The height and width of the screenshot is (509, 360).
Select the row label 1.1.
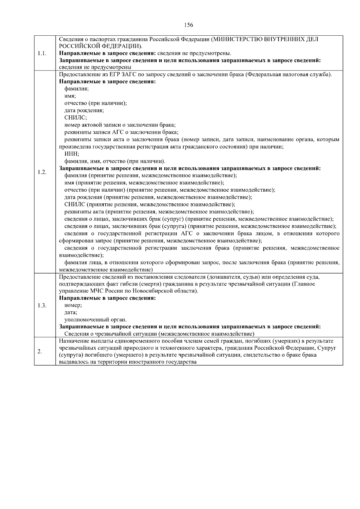pyautogui.click(x=42, y=53)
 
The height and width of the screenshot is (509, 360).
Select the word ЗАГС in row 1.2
pyautogui.click(x=130, y=75)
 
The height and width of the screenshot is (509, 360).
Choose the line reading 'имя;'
pyautogui.click(x=70, y=96)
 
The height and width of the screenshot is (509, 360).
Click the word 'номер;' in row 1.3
pyautogui.click(x=73, y=305)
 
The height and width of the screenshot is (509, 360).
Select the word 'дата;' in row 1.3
pyautogui.click(x=71, y=313)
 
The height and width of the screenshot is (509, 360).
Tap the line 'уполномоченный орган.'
pyautogui.click(x=96, y=320)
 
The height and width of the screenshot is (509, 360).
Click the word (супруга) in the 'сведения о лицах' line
pyautogui.click(x=175, y=226)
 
